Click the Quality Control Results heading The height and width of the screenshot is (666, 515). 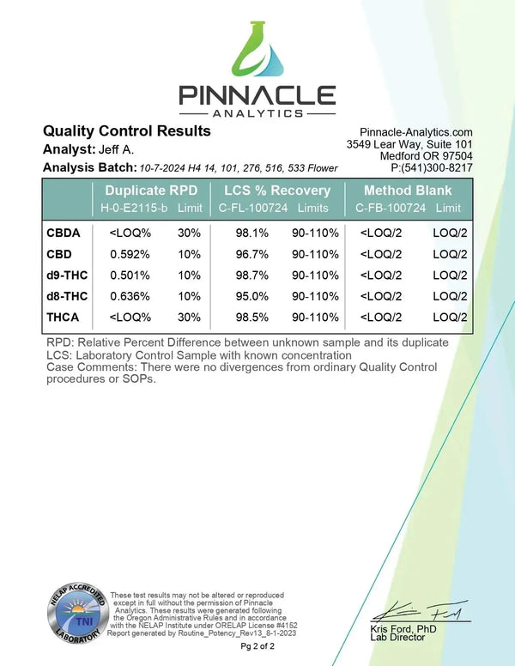(126, 131)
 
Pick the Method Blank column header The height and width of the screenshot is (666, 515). (406, 191)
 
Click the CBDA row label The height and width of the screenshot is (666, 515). (64, 233)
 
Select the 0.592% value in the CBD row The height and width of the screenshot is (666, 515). (130, 254)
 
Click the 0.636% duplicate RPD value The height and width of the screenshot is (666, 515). (130, 296)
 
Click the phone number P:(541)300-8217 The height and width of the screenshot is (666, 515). (426, 167)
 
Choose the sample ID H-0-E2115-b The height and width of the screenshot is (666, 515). (133, 209)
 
